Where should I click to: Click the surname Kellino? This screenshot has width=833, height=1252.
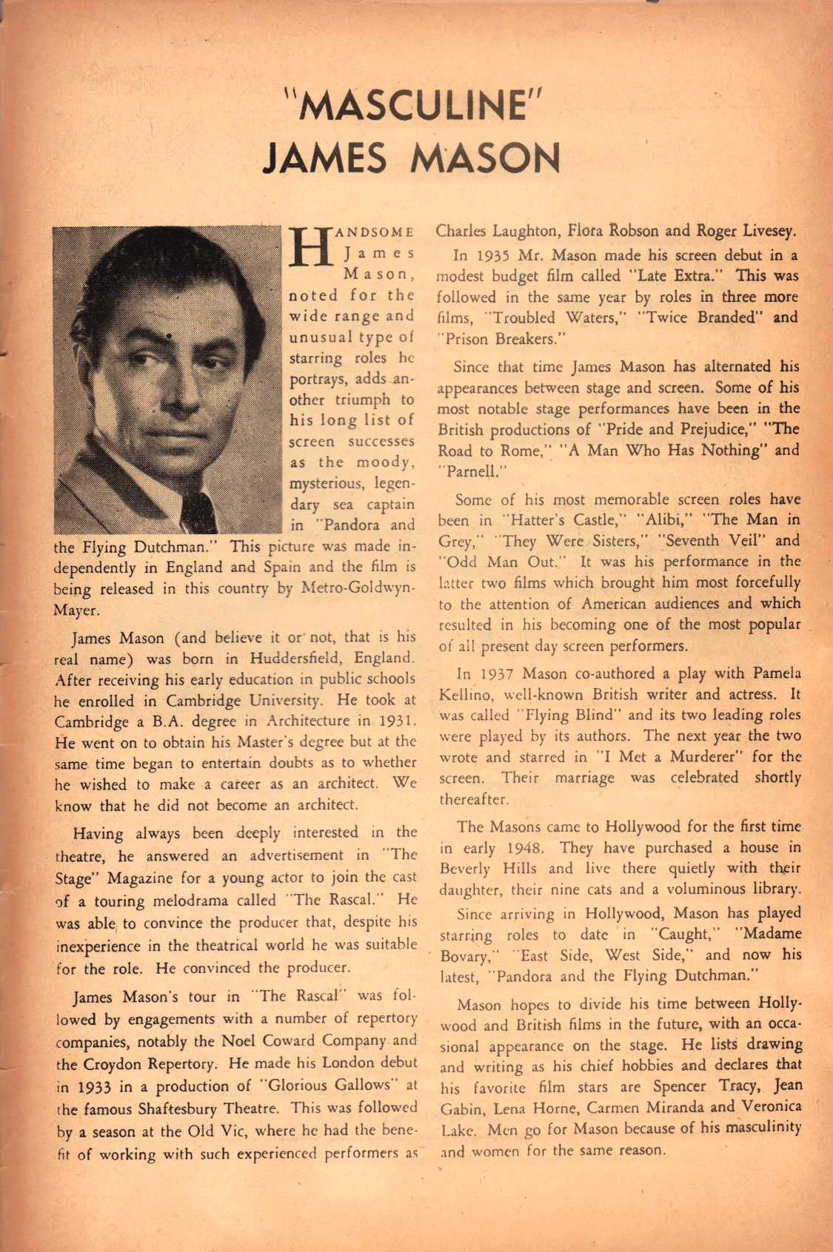click(461, 695)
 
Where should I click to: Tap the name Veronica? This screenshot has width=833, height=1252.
click(772, 1107)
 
